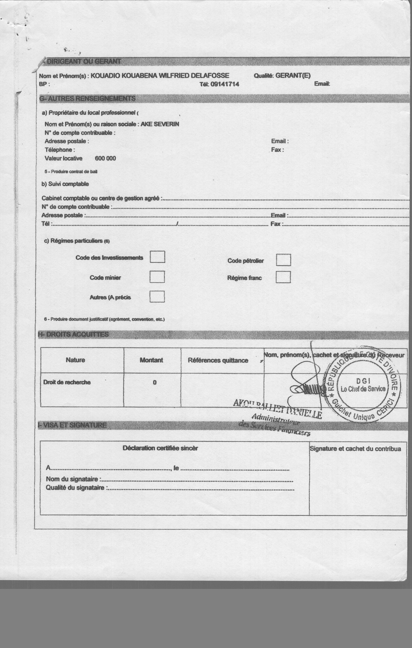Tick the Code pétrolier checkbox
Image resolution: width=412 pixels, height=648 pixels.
click(x=283, y=260)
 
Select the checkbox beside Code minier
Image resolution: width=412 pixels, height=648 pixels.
click(x=157, y=277)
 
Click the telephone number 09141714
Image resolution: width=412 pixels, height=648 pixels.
click(x=225, y=84)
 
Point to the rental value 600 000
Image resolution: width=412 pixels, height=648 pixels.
click(x=105, y=158)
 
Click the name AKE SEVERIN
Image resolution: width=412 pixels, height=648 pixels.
click(x=160, y=124)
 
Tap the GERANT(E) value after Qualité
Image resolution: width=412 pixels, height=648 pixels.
click(x=293, y=76)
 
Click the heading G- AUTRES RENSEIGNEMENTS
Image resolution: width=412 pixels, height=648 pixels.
click(x=87, y=98)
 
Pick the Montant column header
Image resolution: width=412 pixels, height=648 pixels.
click(x=151, y=360)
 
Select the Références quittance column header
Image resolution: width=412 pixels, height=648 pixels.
click(x=218, y=360)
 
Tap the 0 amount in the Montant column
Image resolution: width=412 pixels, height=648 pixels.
click(x=155, y=382)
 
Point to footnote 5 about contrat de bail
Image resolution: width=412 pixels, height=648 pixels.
click(x=71, y=171)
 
